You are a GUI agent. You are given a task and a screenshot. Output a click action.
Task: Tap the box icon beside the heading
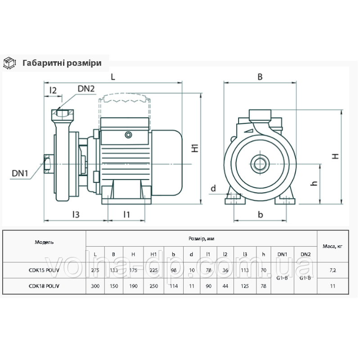click(9, 63)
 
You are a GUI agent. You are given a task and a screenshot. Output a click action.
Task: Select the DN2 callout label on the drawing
click(85, 89)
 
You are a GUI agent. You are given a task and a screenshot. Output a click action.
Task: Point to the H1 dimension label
click(195, 148)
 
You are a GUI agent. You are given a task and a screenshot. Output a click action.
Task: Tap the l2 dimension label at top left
click(53, 90)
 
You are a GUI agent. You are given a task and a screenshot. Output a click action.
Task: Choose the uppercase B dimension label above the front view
click(260, 76)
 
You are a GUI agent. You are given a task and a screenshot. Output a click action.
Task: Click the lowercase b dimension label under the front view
click(260, 215)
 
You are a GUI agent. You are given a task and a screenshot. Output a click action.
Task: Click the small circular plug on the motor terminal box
click(129, 134)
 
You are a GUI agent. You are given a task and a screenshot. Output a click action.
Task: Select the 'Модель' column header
click(44, 242)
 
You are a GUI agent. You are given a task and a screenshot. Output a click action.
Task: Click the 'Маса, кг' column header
click(333, 246)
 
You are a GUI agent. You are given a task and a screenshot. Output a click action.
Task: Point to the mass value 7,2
click(333, 270)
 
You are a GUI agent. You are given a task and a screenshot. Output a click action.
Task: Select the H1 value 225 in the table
click(153, 270)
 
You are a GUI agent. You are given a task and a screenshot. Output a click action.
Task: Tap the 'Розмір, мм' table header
click(201, 238)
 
